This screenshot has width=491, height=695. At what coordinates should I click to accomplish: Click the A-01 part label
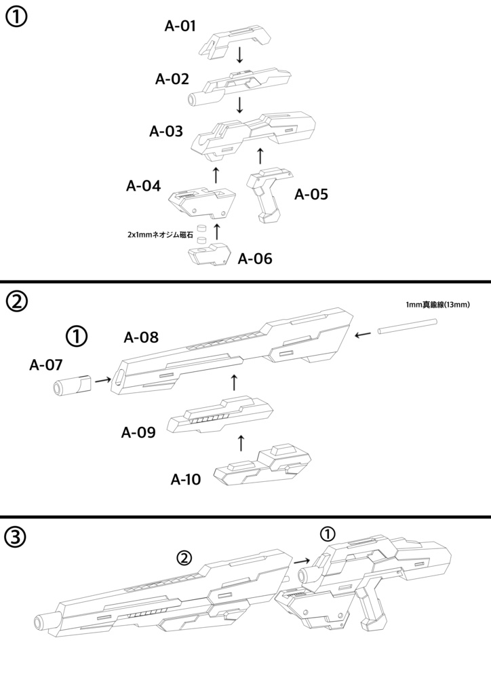click(180, 27)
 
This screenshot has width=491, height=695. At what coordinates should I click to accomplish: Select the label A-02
click(172, 79)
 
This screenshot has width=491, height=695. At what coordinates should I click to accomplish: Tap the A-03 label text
click(166, 132)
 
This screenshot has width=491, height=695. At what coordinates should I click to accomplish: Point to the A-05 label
click(311, 195)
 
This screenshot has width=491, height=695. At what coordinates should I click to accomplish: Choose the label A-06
click(255, 259)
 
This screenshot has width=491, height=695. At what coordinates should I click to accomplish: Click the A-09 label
click(138, 432)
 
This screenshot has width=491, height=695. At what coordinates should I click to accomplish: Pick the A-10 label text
click(186, 480)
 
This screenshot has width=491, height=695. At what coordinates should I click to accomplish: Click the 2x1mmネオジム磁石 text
click(160, 234)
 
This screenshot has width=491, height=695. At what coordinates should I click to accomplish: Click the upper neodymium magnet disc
click(201, 229)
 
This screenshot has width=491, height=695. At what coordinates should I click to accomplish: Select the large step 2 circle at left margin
click(16, 301)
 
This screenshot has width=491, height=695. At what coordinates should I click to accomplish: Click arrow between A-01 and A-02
click(239, 55)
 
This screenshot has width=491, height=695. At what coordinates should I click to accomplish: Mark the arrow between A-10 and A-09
click(241, 444)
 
